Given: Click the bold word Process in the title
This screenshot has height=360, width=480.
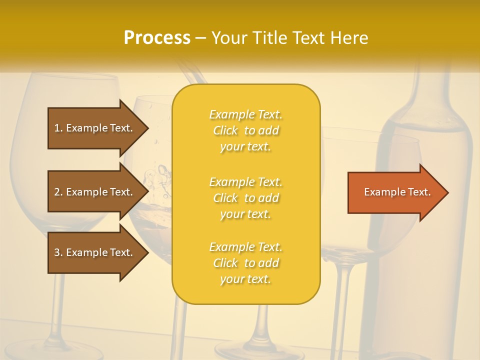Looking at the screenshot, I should tap(157, 38).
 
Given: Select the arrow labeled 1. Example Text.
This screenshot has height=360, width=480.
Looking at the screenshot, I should tap(95, 128).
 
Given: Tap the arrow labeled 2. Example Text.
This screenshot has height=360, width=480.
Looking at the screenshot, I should tap(95, 192).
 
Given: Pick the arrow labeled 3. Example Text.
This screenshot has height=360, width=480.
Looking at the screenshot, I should tap(95, 252).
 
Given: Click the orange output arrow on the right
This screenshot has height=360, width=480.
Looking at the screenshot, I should tap(395, 192).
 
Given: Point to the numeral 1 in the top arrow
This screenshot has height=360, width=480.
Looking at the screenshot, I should tap(57, 128).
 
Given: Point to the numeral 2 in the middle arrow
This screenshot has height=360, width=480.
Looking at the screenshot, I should tap(57, 192).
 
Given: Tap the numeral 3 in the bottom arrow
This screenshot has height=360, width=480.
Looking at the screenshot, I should tap(57, 252).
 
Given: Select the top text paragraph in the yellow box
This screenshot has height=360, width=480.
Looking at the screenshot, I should tap(245, 130).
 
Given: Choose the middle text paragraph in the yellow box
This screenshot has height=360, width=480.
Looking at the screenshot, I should tap(245, 198).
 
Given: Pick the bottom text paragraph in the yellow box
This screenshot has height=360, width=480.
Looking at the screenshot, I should tap(245, 263).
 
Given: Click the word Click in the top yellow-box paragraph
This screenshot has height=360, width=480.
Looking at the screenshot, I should tap(225, 131).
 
